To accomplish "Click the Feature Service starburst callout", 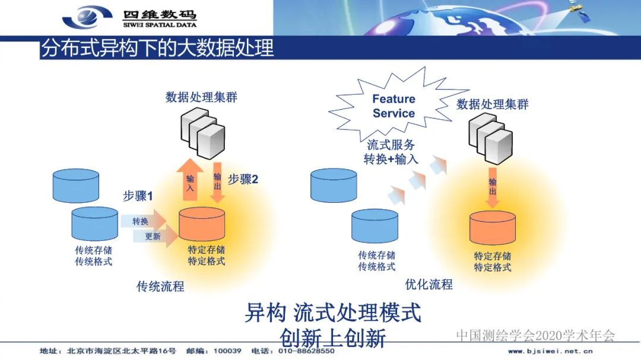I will [x=394, y=106].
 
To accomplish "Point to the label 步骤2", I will [x=243, y=179].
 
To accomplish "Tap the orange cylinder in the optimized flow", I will [x=493, y=228].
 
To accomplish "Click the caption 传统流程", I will [x=160, y=286].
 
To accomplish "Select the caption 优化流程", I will [x=429, y=284].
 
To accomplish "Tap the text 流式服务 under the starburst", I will [x=391, y=144].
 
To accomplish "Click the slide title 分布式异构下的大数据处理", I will [x=157, y=48].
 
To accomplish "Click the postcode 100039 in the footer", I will [x=227, y=351].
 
